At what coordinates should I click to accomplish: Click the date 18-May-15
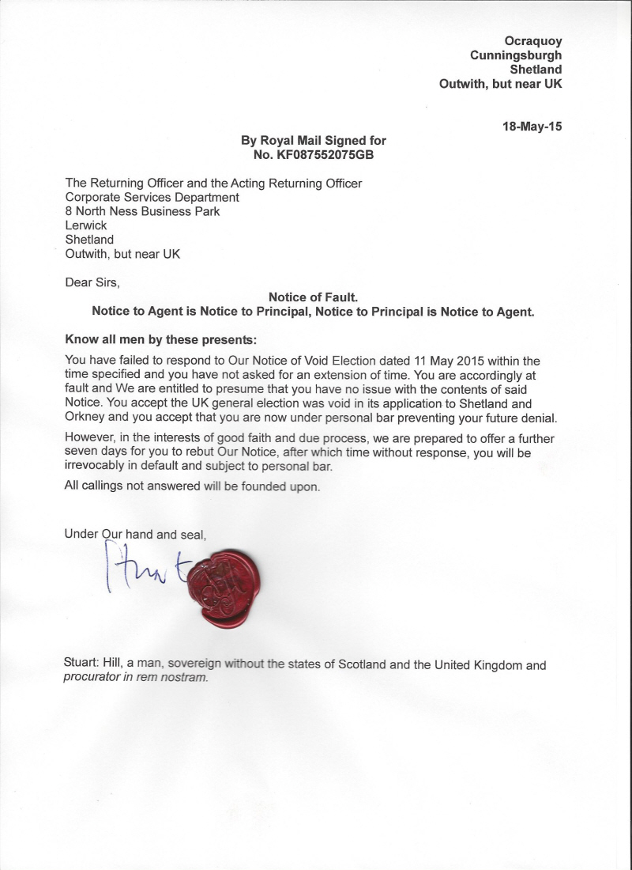(532, 125)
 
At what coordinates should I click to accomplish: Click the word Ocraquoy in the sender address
(533, 41)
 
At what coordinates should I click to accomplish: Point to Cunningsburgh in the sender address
(516, 55)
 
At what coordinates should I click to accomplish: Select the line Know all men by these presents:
(160, 341)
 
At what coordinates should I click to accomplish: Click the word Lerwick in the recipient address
(85, 225)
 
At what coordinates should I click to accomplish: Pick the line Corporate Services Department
(152, 197)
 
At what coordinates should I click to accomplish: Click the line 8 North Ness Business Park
(142, 211)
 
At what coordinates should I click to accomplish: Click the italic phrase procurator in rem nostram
(136, 679)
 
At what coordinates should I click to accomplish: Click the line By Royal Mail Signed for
(314, 141)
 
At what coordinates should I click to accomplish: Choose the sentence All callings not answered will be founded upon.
(193, 486)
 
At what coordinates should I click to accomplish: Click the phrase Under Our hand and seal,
(135, 535)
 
